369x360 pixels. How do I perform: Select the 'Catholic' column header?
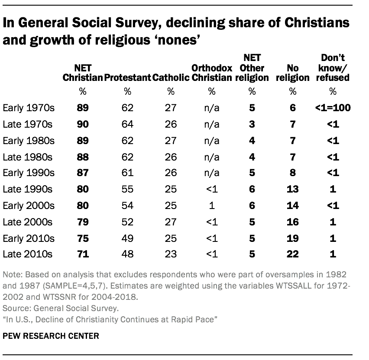click(x=171, y=78)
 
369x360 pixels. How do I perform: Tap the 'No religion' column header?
click(x=293, y=73)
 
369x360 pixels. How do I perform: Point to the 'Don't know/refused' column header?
click(x=333, y=67)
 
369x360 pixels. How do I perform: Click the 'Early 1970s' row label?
click(x=28, y=108)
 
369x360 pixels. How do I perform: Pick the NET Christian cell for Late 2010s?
click(x=82, y=254)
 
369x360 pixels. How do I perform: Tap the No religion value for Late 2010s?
click(x=293, y=254)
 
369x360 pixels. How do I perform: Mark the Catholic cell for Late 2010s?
click(x=171, y=254)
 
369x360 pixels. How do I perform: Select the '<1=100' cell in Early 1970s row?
click(x=333, y=108)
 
